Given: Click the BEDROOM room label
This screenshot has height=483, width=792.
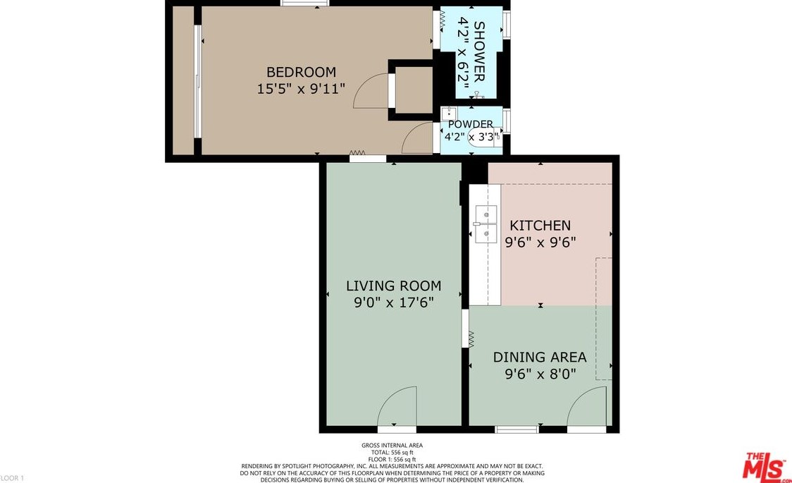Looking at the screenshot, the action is (x=301, y=72).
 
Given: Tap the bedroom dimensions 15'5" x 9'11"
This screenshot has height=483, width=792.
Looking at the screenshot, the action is (x=301, y=89).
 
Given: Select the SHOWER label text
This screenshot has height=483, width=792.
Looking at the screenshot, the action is (x=479, y=51).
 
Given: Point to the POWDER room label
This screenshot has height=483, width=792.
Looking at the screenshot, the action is (x=470, y=124).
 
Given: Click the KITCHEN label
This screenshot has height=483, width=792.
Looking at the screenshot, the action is (x=540, y=226).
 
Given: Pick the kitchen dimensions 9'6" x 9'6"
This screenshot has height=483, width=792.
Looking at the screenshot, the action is (x=540, y=243).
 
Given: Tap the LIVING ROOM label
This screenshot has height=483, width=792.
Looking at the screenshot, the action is (x=393, y=286).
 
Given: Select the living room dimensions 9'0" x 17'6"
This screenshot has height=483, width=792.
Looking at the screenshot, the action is (x=393, y=302).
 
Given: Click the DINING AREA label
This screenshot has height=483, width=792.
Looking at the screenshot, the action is (x=540, y=357).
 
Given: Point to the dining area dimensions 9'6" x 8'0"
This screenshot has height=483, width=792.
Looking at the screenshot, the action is (x=540, y=374).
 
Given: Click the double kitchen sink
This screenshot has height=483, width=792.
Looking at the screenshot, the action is (x=485, y=223).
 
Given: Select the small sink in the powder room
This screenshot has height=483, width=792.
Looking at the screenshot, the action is (x=449, y=113).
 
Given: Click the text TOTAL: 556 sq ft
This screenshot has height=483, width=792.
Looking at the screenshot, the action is (x=392, y=453).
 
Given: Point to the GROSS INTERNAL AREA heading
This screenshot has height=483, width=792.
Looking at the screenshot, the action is (x=392, y=446).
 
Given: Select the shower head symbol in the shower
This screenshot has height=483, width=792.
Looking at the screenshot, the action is (x=477, y=94).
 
